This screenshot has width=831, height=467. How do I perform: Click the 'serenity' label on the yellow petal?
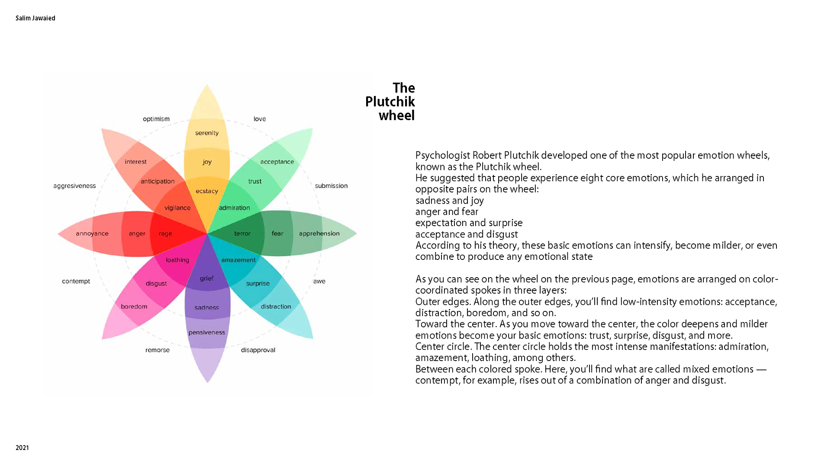tap(207, 133)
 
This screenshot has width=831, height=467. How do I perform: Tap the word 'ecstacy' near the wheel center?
tap(207, 191)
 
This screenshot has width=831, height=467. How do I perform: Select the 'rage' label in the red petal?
tap(165, 233)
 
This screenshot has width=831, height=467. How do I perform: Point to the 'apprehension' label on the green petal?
tap(319, 233)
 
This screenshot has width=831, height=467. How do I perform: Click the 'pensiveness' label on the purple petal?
tap(207, 333)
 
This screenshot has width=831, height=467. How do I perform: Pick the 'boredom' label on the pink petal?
tap(134, 307)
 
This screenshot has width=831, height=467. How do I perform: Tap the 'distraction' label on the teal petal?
tap(276, 307)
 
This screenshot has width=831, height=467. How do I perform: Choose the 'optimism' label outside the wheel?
tap(156, 119)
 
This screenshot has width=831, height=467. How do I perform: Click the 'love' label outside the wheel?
tap(260, 119)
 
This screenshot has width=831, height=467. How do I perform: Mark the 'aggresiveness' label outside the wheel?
tap(74, 186)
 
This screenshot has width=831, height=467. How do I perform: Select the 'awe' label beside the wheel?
tap(319, 281)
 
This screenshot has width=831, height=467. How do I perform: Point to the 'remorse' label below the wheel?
tap(158, 350)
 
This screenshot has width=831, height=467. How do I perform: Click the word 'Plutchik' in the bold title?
tap(390, 102)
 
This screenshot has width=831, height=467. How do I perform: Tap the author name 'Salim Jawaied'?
tap(35, 18)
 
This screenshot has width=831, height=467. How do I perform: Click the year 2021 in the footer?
tap(22, 448)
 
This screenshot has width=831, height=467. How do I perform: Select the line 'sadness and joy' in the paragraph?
tap(450, 201)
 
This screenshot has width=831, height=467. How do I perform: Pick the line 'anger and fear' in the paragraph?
tap(447, 212)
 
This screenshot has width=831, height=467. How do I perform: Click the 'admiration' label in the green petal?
tap(234, 208)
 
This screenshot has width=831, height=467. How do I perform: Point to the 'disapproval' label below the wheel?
tap(258, 350)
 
